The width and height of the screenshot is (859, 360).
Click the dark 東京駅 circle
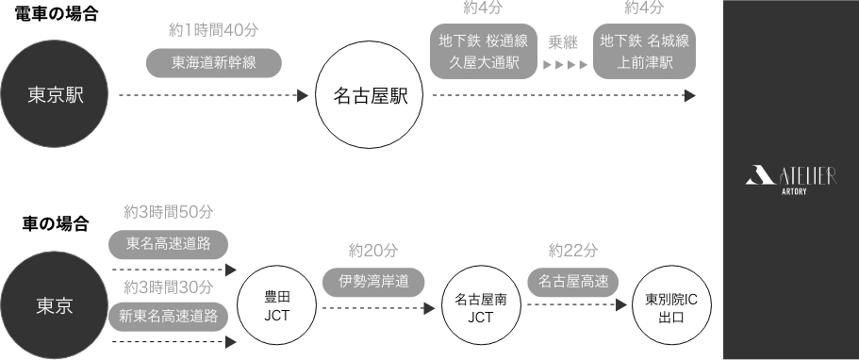pyautogui.click(x=56, y=95)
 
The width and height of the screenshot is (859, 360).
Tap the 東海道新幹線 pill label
pyautogui.click(x=215, y=63)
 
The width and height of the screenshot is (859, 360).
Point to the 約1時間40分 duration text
pyautogui.click(x=213, y=28)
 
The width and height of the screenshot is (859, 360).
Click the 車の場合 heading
pyautogui.click(x=56, y=224)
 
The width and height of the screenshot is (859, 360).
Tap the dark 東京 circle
pyautogui.click(x=56, y=304)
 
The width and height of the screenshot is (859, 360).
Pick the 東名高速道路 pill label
pyautogui.click(x=169, y=244)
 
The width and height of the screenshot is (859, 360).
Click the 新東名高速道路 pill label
pyautogui.click(x=169, y=316)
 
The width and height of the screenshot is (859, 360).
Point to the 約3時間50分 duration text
pyautogui.click(x=169, y=209)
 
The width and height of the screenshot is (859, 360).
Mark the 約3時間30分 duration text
pyautogui.click(x=169, y=286)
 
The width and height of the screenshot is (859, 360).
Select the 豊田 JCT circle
pyautogui.click(x=277, y=305)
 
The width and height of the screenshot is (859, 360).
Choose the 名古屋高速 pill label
pyautogui.click(x=573, y=280)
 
